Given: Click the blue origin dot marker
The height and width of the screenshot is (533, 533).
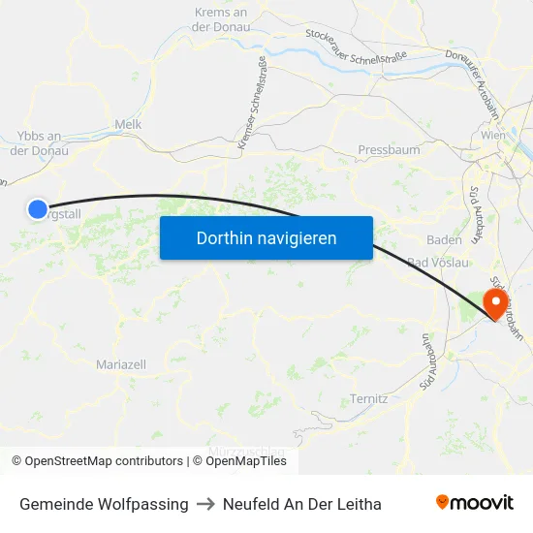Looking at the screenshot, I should [37, 208].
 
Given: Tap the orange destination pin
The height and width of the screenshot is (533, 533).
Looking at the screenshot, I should [494, 306].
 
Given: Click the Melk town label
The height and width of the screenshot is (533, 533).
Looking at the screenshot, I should [128, 124].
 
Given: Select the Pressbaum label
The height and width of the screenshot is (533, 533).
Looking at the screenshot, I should [389, 150].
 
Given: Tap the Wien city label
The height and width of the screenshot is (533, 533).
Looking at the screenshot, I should [493, 136].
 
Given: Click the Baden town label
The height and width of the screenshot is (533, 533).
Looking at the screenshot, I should [444, 238].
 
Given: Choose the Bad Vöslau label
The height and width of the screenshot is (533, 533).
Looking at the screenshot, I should [439, 263].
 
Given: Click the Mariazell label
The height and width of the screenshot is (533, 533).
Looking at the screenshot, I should [121, 364].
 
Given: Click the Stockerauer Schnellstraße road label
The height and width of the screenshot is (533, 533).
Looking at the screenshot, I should [353, 47].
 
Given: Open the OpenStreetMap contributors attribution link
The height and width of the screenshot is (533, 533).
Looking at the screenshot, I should [97, 461].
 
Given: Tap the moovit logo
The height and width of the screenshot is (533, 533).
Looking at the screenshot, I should [475, 503].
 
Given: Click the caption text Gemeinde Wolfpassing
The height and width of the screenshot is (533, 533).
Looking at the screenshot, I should [104, 504].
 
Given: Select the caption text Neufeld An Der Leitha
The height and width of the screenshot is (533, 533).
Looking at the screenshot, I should [301, 504].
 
